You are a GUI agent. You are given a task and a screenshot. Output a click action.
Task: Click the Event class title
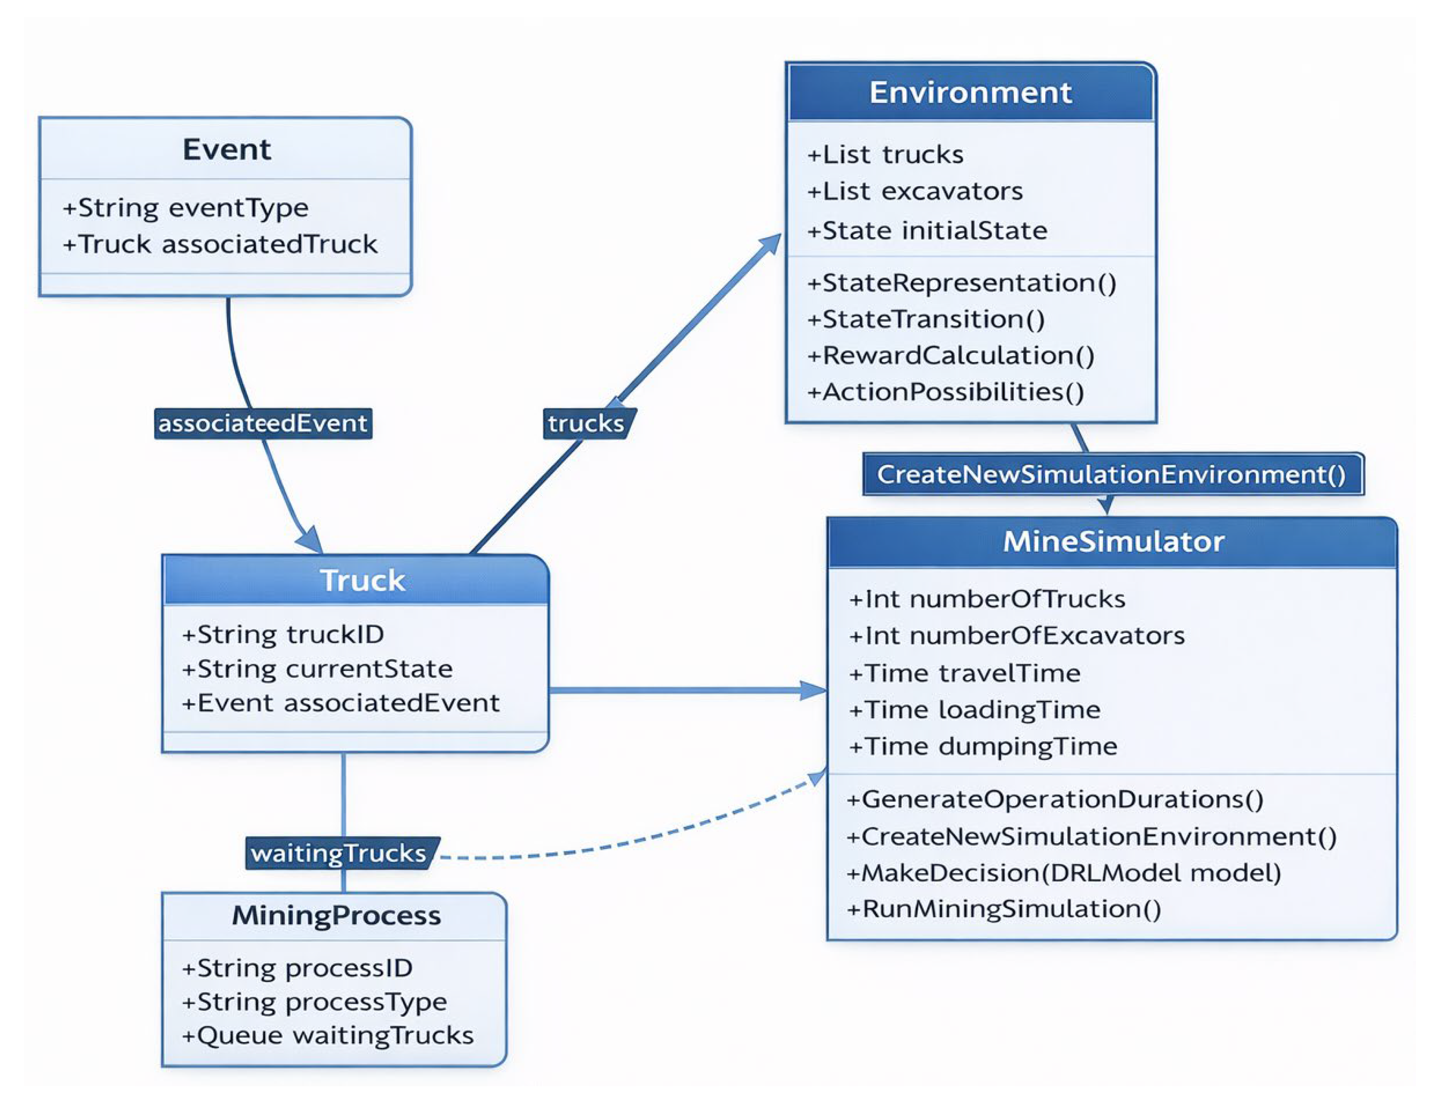pyautogui.click(x=227, y=150)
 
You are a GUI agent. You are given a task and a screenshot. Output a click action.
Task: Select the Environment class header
pyautogui.click(x=970, y=92)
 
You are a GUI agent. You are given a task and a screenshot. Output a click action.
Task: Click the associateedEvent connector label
pyautogui.click(x=263, y=423)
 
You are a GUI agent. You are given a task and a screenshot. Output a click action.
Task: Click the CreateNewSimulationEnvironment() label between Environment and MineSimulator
pyautogui.click(x=1112, y=474)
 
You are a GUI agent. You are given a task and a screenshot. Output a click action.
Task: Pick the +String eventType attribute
pyautogui.click(x=186, y=208)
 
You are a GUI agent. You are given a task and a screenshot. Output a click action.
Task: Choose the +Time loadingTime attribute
pyautogui.click(x=974, y=710)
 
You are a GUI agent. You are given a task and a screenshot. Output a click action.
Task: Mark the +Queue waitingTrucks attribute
pyautogui.click(x=327, y=1035)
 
